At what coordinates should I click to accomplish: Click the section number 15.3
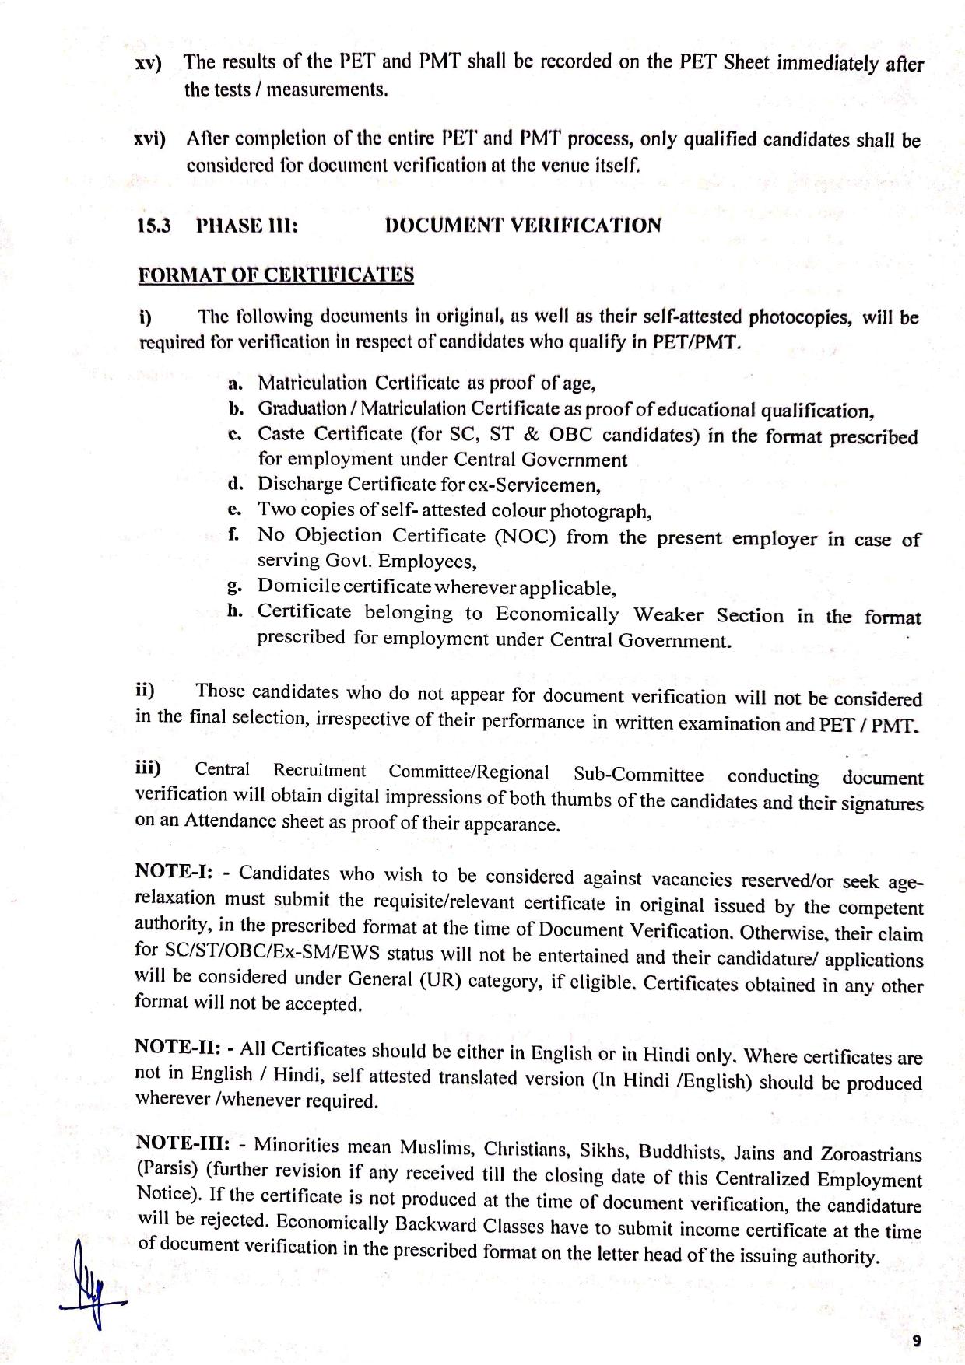point(152,226)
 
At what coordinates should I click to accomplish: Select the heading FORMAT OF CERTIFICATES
point(275,275)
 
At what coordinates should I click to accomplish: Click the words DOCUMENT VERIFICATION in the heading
point(523,226)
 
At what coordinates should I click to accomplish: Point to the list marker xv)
point(149,63)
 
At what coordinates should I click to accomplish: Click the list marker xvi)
point(149,139)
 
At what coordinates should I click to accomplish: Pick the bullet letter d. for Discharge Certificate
point(236,484)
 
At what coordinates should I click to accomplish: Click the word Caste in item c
point(283,433)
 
